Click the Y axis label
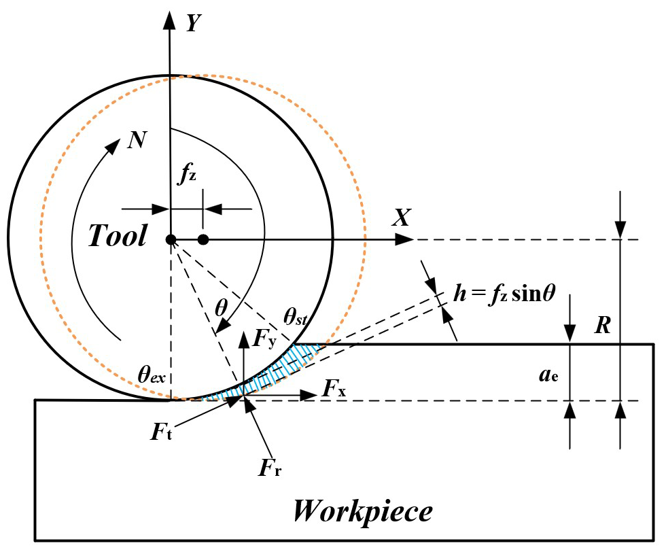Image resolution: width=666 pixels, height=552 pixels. (x=194, y=22)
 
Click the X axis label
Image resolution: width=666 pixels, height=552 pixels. (x=403, y=218)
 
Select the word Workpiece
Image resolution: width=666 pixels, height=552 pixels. (x=362, y=510)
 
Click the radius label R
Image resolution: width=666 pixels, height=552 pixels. (x=601, y=326)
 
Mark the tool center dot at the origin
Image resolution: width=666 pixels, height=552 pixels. (x=171, y=239)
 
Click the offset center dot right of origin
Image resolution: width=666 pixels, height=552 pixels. (x=203, y=239)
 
